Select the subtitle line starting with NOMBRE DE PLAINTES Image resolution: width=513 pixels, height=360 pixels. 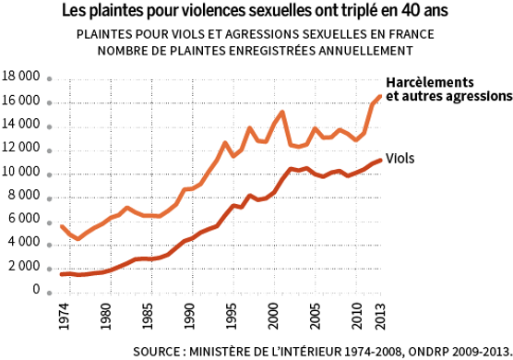256,50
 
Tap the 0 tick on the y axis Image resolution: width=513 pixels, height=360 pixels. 35,290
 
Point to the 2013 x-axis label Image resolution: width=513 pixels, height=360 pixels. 379,316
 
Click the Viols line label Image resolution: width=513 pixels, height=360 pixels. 400,159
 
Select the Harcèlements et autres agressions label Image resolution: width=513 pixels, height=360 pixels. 447,88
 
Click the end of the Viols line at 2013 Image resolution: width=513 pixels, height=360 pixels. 380,161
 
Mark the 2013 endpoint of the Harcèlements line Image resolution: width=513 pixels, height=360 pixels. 380,97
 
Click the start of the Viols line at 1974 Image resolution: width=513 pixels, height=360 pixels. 61,274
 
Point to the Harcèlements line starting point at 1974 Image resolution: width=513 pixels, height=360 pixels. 61,226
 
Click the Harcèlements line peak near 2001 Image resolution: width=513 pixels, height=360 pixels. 281,112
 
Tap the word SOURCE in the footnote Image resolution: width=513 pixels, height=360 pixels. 158,351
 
